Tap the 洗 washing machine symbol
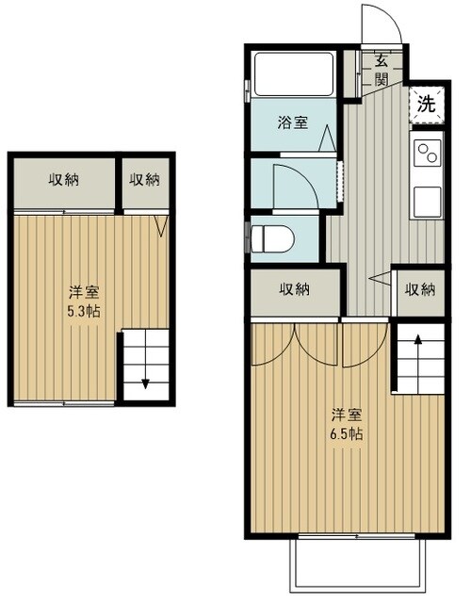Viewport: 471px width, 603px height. pyautogui.click(x=427, y=105)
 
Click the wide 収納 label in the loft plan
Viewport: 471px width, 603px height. pyautogui.click(x=63, y=179)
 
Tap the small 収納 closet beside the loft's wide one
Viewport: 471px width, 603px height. pyautogui.click(x=144, y=179)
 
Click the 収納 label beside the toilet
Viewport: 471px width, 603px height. pyautogui.click(x=294, y=290)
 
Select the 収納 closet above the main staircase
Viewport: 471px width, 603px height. pyautogui.click(x=420, y=290)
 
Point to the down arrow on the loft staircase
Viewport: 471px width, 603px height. pyautogui.click(x=147, y=382)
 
